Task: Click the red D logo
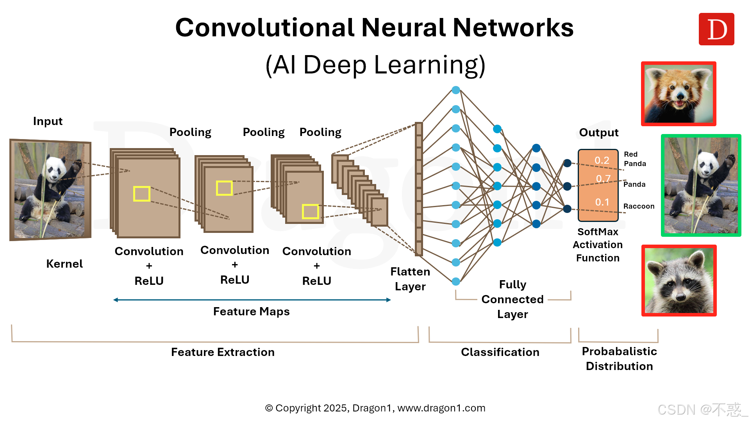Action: click(x=716, y=29)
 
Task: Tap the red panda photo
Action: click(x=679, y=94)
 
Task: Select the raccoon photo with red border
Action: click(x=679, y=281)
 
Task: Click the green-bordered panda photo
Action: click(x=701, y=185)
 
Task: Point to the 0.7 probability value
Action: click(x=603, y=179)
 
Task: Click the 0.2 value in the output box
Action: click(x=602, y=160)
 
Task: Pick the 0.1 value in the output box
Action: click(x=602, y=202)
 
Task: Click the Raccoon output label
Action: click(x=639, y=206)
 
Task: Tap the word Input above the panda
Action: click(x=48, y=121)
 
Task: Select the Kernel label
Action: click(x=64, y=264)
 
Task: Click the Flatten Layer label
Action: click(x=410, y=279)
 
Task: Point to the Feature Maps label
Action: click(x=251, y=311)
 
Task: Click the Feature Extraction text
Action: click(x=223, y=352)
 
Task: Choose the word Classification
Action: click(x=500, y=352)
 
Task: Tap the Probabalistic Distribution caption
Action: click(x=619, y=359)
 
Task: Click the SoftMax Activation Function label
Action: click(x=598, y=245)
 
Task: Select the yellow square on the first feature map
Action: click(x=141, y=194)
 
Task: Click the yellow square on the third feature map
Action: click(x=310, y=212)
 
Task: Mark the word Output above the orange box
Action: click(x=598, y=132)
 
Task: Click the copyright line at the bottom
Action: click(x=375, y=408)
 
